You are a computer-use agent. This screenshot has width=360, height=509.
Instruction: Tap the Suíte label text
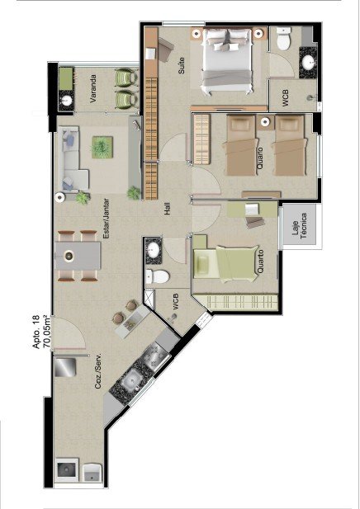point(181,65)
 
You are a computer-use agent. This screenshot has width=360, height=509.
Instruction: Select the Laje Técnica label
point(299,226)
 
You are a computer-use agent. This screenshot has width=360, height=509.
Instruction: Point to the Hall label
point(167,209)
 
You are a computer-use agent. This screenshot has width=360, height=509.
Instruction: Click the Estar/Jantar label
point(106,219)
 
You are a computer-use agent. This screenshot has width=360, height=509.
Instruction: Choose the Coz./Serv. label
point(98,371)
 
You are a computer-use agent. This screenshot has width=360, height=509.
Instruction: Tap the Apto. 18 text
point(36,332)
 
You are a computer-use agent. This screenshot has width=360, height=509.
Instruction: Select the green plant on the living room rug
point(102,148)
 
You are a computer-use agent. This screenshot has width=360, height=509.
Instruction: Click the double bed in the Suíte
point(227,61)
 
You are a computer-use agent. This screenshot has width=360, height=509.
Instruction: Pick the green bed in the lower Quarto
point(225,262)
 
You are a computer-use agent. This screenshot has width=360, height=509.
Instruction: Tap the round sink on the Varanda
point(67,101)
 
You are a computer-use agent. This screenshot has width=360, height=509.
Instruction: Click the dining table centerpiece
point(69,256)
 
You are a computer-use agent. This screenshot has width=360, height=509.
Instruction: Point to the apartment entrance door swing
point(69,332)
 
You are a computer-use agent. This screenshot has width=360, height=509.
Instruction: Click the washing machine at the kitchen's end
point(67,469)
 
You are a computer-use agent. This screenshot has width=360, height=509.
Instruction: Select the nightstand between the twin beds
point(265,122)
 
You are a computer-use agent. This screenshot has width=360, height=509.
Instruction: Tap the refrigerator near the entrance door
point(65,367)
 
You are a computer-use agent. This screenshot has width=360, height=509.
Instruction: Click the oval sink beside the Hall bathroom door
point(153,250)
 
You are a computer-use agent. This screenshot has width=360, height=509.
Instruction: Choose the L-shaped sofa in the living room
point(72,158)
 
